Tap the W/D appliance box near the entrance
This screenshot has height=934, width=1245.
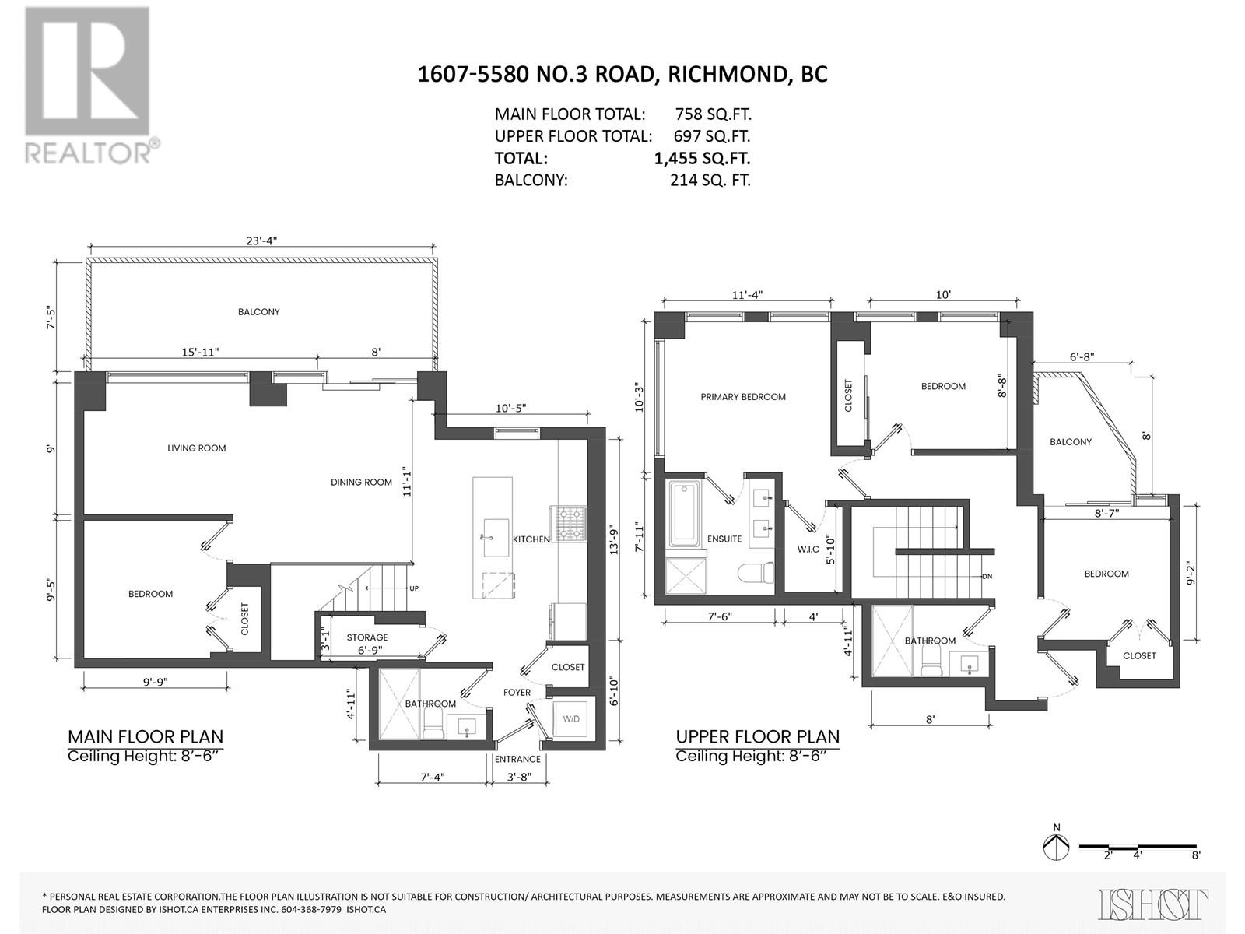click(571, 719)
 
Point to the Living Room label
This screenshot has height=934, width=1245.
click(197, 448)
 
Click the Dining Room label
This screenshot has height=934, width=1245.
click(361, 483)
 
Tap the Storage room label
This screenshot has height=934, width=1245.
click(367, 637)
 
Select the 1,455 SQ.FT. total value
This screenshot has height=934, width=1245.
click(702, 158)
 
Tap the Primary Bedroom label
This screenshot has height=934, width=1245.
click(743, 397)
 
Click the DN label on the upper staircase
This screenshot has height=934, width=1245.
click(987, 577)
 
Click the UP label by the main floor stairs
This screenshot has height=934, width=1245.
click(414, 588)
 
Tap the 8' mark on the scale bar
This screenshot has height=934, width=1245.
click(1195, 855)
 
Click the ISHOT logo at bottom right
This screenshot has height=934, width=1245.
click(1153, 905)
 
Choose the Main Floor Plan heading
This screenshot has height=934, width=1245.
click(146, 736)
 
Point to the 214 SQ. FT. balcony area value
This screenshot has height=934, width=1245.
click(710, 180)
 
